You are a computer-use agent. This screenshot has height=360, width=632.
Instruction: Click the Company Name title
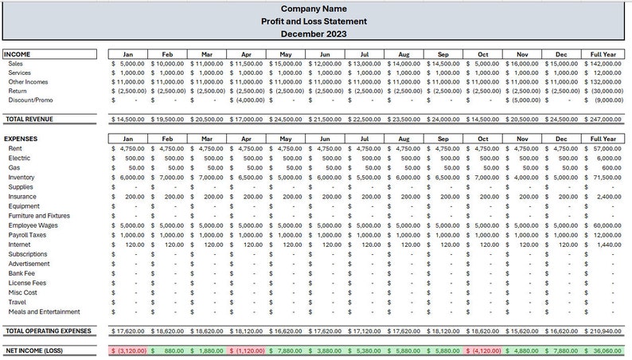coord(315,9)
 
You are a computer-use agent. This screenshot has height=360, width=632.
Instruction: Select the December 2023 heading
coord(315,34)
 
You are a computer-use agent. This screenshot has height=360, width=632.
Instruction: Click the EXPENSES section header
coord(21,139)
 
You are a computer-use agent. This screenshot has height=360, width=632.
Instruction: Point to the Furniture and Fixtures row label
coord(39,216)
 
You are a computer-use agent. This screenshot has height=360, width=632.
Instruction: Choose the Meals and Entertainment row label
coord(45,311)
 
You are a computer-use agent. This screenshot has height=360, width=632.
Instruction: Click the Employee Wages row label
coord(33,225)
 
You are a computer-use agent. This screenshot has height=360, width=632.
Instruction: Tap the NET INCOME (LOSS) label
coord(34,350)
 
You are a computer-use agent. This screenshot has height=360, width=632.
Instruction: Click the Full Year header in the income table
coord(602,53)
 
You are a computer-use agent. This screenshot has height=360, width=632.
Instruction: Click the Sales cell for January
coord(127,63)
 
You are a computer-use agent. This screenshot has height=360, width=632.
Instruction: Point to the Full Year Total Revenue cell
coord(602,119)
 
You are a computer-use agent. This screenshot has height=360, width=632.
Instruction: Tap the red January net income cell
coord(127,350)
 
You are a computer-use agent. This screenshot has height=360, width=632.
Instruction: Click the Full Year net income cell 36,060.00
coord(602,350)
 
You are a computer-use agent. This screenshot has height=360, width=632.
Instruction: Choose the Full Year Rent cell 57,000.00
coord(602,148)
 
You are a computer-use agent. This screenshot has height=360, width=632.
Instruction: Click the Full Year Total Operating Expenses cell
coord(602,331)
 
